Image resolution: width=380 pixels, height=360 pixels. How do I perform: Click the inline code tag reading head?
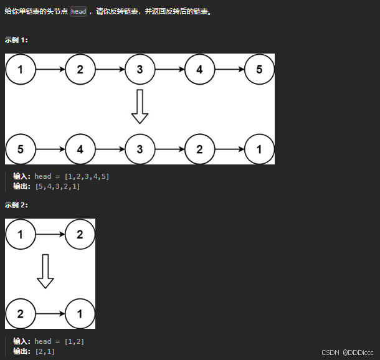[78, 12]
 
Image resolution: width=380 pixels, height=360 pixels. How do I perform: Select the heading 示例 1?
[16, 40]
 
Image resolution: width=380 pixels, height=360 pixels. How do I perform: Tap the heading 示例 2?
[16, 205]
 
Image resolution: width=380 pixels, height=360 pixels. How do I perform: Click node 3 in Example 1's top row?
[140, 69]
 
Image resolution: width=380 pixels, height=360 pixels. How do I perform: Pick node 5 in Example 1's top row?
[259, 69]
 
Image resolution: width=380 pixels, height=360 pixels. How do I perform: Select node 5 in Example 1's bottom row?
[21, 149]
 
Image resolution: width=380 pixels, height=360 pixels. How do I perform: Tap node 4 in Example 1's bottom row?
[80, 149]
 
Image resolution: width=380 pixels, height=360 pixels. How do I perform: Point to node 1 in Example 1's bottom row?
[259, 149]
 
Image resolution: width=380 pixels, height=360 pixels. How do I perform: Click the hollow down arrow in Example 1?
[140, 107]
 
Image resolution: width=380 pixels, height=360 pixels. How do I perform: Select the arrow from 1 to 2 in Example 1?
[50, 69]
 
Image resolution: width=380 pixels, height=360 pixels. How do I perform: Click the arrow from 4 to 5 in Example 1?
[229, 69]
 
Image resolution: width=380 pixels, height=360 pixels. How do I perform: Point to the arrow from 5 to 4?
[50, 149]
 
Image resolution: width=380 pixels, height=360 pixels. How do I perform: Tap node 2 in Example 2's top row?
[80, 235]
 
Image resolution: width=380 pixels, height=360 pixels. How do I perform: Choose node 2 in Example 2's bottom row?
[21, 314]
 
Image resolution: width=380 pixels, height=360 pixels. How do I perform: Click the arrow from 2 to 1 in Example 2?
[50, 314]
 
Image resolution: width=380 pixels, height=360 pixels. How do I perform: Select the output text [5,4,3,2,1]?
[58, 186]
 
